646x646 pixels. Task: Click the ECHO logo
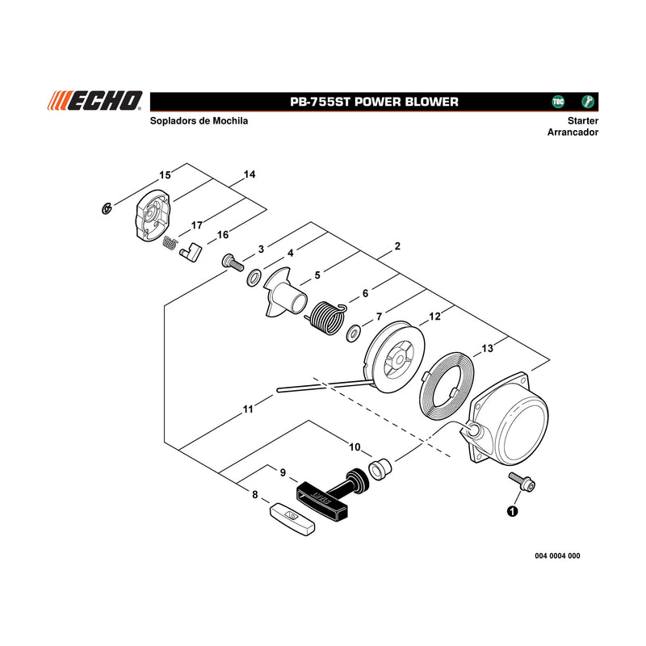[94, 101]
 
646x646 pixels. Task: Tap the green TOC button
[558, 102]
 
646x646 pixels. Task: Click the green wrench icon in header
[588, 102]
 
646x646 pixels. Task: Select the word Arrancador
[573, 132]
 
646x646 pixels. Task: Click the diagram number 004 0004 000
[557, 556]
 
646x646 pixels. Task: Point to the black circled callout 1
[512, 511]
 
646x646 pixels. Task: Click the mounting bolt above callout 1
[522, 481]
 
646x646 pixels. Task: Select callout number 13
[488, 349]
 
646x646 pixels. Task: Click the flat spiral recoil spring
[447, 386]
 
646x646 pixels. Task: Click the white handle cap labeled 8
[292, 518]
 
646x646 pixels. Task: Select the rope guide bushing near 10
[380, 468]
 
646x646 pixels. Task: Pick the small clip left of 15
[107, 209]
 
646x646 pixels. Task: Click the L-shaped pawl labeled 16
[191, 252]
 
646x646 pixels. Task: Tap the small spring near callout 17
[170, 243]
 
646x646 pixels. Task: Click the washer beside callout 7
[354, 333]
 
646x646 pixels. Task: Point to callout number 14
[250, 174]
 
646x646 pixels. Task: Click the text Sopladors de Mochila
[199, 120]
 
